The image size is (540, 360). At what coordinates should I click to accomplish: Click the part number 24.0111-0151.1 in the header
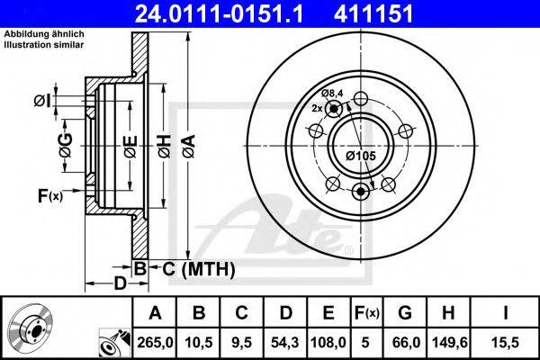[x=219, y=13]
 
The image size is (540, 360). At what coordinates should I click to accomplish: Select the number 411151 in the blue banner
[x=373, y=13]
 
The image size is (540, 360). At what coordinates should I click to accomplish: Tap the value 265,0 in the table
[x=155, y=343]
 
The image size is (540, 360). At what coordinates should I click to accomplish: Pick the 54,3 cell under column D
[x=284, y=343]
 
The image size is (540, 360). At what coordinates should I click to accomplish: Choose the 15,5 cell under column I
[x=505, y=343]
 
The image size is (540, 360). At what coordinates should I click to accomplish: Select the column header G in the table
[x=405, y=313]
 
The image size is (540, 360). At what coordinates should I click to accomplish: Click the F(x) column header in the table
[x=367, y=313]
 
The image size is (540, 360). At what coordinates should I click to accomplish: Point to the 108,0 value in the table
[x=328, y=343]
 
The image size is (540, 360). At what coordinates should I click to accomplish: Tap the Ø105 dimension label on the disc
[x=361, y=156]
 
